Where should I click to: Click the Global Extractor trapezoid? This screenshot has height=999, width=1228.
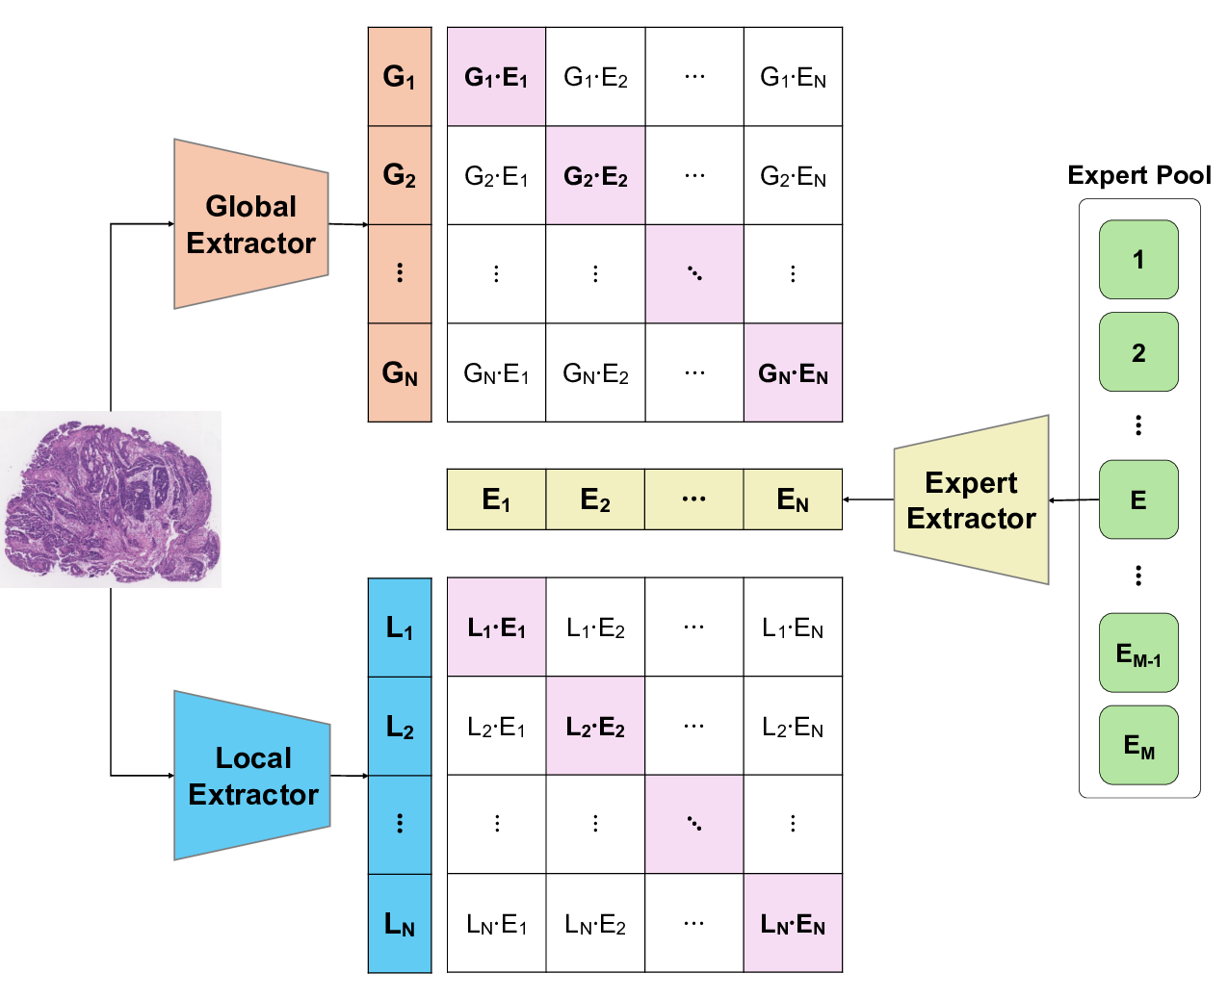click(250, 224)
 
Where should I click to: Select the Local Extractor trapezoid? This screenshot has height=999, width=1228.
click(252, 776)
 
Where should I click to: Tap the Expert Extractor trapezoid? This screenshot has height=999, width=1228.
click(971, 500)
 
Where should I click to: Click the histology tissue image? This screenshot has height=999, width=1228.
click(111, 499)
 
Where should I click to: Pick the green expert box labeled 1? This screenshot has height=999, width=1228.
click(1138, 260)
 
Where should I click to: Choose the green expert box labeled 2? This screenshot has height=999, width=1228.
click(1138, 352)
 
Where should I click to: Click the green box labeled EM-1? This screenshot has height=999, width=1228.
click(1138, 653)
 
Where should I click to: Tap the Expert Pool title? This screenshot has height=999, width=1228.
click(1138, 175)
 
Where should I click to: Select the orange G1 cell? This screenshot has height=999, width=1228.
click(400, 77)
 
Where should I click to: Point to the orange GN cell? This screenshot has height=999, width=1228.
click(400, 372)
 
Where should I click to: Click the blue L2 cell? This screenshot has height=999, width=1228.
click(400, 727)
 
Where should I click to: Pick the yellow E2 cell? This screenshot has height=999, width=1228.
click(595, 499)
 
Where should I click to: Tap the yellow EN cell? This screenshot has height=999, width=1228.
click(793, 499)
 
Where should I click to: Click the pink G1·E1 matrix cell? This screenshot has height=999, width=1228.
click(496, 77)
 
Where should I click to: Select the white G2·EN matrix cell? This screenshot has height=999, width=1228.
click(793, 176)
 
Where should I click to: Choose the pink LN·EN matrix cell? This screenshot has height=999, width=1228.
click(793, 924)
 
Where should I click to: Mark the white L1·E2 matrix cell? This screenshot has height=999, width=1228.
click(595, 628)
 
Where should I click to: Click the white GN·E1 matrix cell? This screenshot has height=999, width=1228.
click(496, 372)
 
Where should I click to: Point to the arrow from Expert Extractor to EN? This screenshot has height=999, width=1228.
click(869, 499)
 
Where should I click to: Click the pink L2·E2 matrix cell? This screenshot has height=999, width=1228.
click(595, 727)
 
